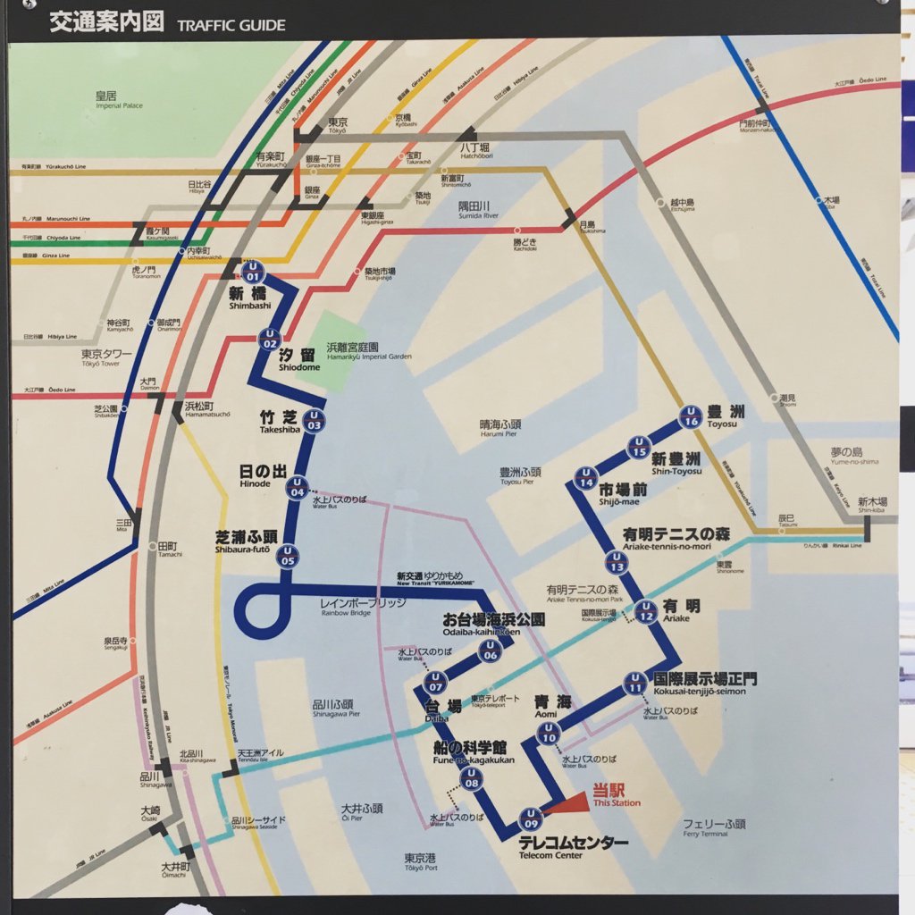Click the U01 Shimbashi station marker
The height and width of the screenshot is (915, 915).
pyautogui.click(x=252, y=272)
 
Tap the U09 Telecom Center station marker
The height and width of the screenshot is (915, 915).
pyautogui.click(x=532, y=818)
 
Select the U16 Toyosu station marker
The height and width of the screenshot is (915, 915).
pyautogui.click(x=690, y=416)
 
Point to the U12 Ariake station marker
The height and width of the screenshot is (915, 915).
pyautogui.click(x=646, y=612)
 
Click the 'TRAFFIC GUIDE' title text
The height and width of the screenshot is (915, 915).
pyautogui.click(x=231, y=25)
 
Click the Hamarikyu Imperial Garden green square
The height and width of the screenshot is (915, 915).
pyautogui.click(x=331, y=348)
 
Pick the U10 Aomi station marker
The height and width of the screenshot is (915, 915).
pyautogui.click(x=549, y=733)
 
